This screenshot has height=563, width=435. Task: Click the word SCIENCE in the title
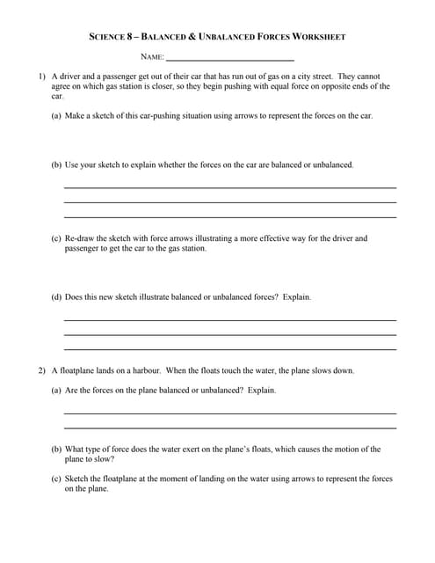click(109, 37)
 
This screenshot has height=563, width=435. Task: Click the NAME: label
click(152, 56)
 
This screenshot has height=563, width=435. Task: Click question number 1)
click(40, 77)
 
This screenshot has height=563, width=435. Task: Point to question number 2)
click(40, 370)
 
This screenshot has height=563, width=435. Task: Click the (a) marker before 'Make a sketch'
click(56, 115)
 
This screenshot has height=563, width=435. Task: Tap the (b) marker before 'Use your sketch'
click(56, 165)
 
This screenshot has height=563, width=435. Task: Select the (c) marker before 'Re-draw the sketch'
click(56, 238)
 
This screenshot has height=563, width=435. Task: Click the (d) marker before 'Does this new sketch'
click(56, 296)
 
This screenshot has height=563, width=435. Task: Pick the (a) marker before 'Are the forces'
click(56, 390)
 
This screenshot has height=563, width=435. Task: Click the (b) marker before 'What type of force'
click(56, 449)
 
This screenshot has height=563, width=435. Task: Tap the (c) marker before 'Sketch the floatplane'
click(56, 479)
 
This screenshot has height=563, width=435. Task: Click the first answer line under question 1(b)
click(230, 187)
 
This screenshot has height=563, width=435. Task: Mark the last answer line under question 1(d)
click(230, 349)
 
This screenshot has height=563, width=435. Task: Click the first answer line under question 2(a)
click(230, 413)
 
